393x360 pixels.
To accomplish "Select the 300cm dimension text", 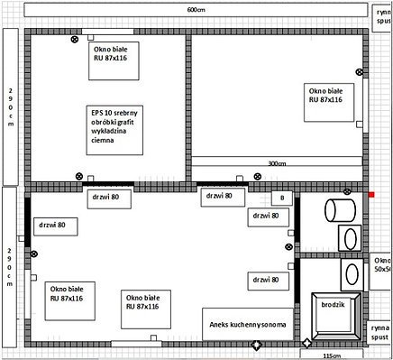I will [278, 164].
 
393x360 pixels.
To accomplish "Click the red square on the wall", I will [370, 193].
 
